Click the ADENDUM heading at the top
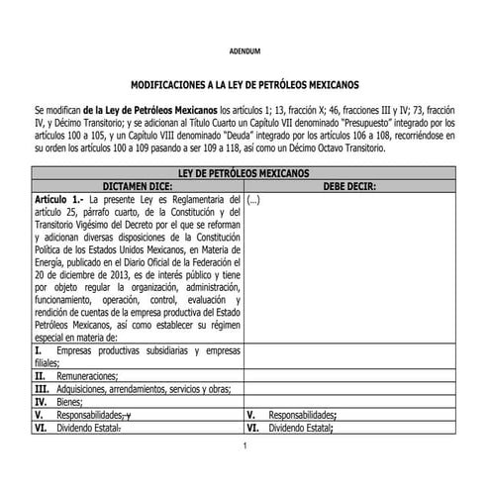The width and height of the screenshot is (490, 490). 244,49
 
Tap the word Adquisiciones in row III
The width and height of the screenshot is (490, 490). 85,390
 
